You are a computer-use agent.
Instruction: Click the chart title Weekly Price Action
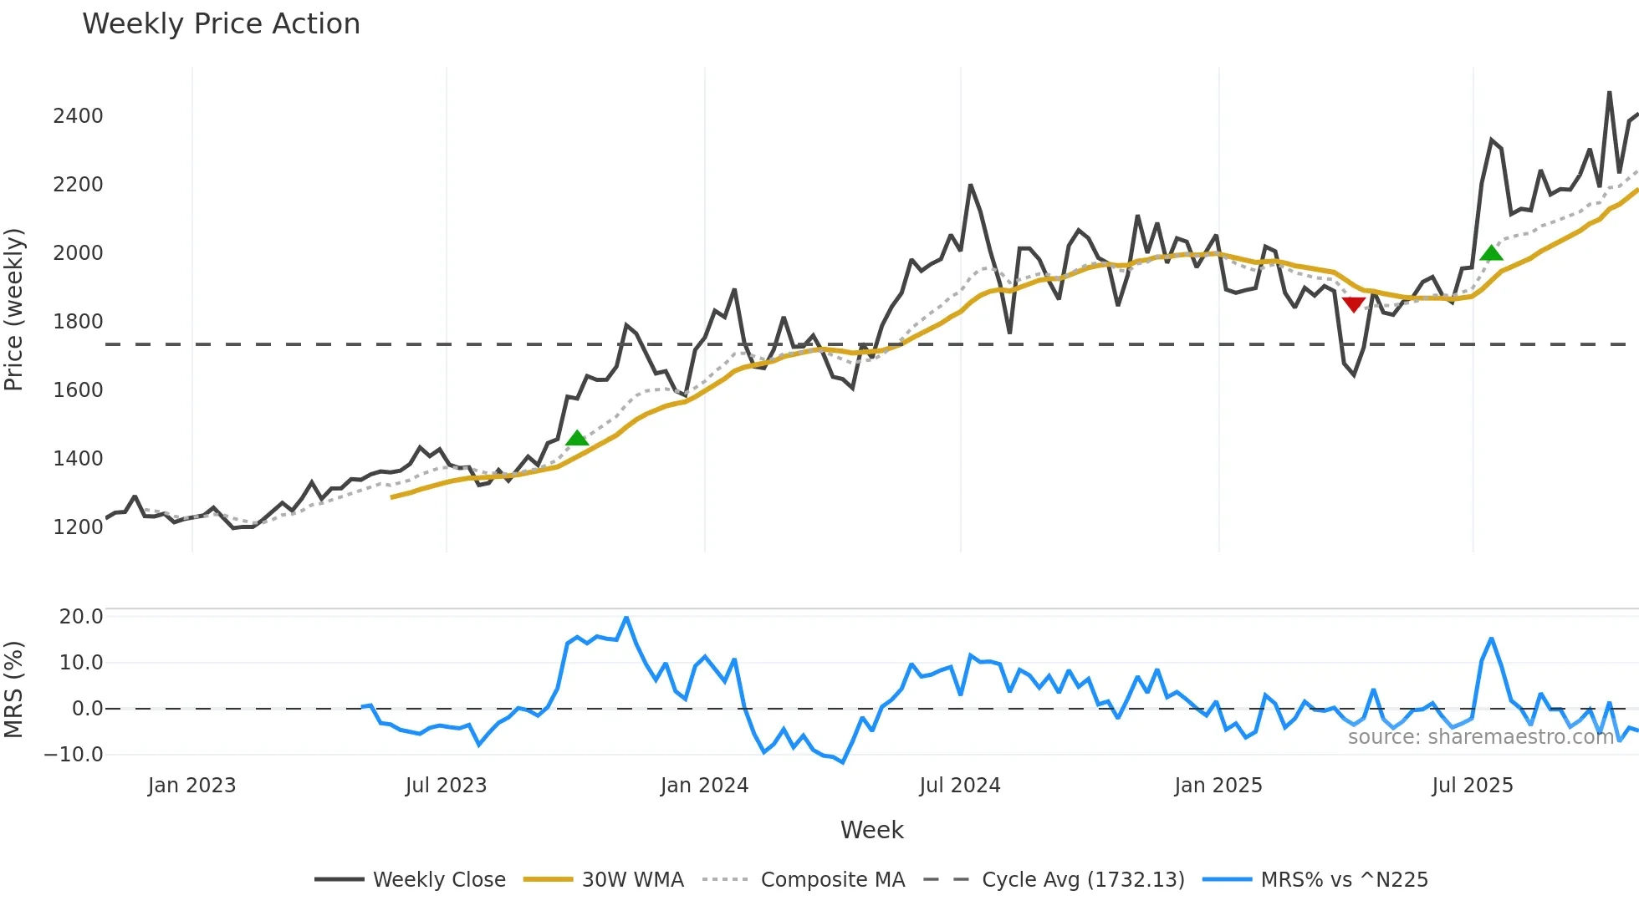(221, 24)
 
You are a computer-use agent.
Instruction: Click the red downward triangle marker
(1353, 304)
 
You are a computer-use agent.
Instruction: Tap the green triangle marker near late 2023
(577, 438)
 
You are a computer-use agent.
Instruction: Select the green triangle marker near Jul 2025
(1491, 253)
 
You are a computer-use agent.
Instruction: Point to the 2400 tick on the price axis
(78, 116)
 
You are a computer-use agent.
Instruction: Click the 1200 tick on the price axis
(78, 527)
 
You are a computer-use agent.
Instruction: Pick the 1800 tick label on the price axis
(78, 322)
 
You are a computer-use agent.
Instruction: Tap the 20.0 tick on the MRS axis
(81, 617)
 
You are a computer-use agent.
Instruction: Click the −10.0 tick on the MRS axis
(74, 755)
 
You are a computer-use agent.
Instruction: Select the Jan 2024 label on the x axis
(704, 786)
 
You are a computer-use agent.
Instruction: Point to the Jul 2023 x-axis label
(446, 786)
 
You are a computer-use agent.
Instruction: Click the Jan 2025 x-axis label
(1218, 786)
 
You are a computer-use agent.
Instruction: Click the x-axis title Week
(871, 830)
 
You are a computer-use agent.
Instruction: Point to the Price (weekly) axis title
(14, 309)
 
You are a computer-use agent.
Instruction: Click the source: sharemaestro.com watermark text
(1480, 737)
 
